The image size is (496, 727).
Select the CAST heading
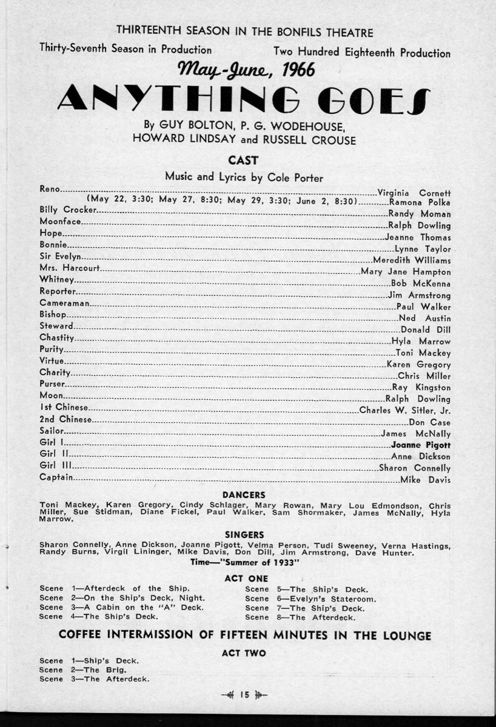[x=243, y=161]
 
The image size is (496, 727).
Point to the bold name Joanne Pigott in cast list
[x=421, y=445]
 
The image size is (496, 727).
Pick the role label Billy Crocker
[x=68, y=210]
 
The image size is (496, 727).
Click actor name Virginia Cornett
[x=414, y=193]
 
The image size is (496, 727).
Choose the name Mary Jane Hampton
[x=406, y=272]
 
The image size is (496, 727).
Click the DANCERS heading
[x=244, y=495]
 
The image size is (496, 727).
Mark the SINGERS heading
[x=244, y=535]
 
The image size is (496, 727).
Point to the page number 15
[x=244, y=695]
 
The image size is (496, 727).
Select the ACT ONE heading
[x=246, y=579]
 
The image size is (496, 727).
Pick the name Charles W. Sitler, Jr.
[x=405, y=410]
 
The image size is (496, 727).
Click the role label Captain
[x=56, y=478]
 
